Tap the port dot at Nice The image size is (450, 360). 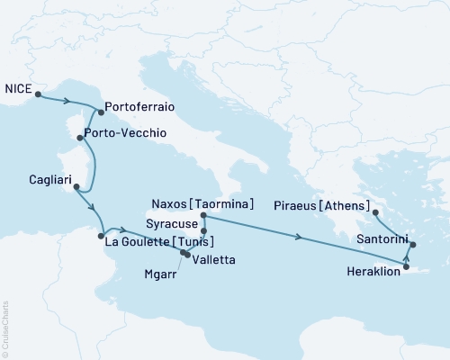coord(38,93)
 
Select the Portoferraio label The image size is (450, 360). coord(139,107)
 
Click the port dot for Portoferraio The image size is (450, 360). coord(100,112)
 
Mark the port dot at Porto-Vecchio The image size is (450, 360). coord(81,138)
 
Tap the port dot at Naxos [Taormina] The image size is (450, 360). coord(203,216)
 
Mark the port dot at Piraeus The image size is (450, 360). coord(375,212)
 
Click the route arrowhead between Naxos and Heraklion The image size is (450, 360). coord(299,238)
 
